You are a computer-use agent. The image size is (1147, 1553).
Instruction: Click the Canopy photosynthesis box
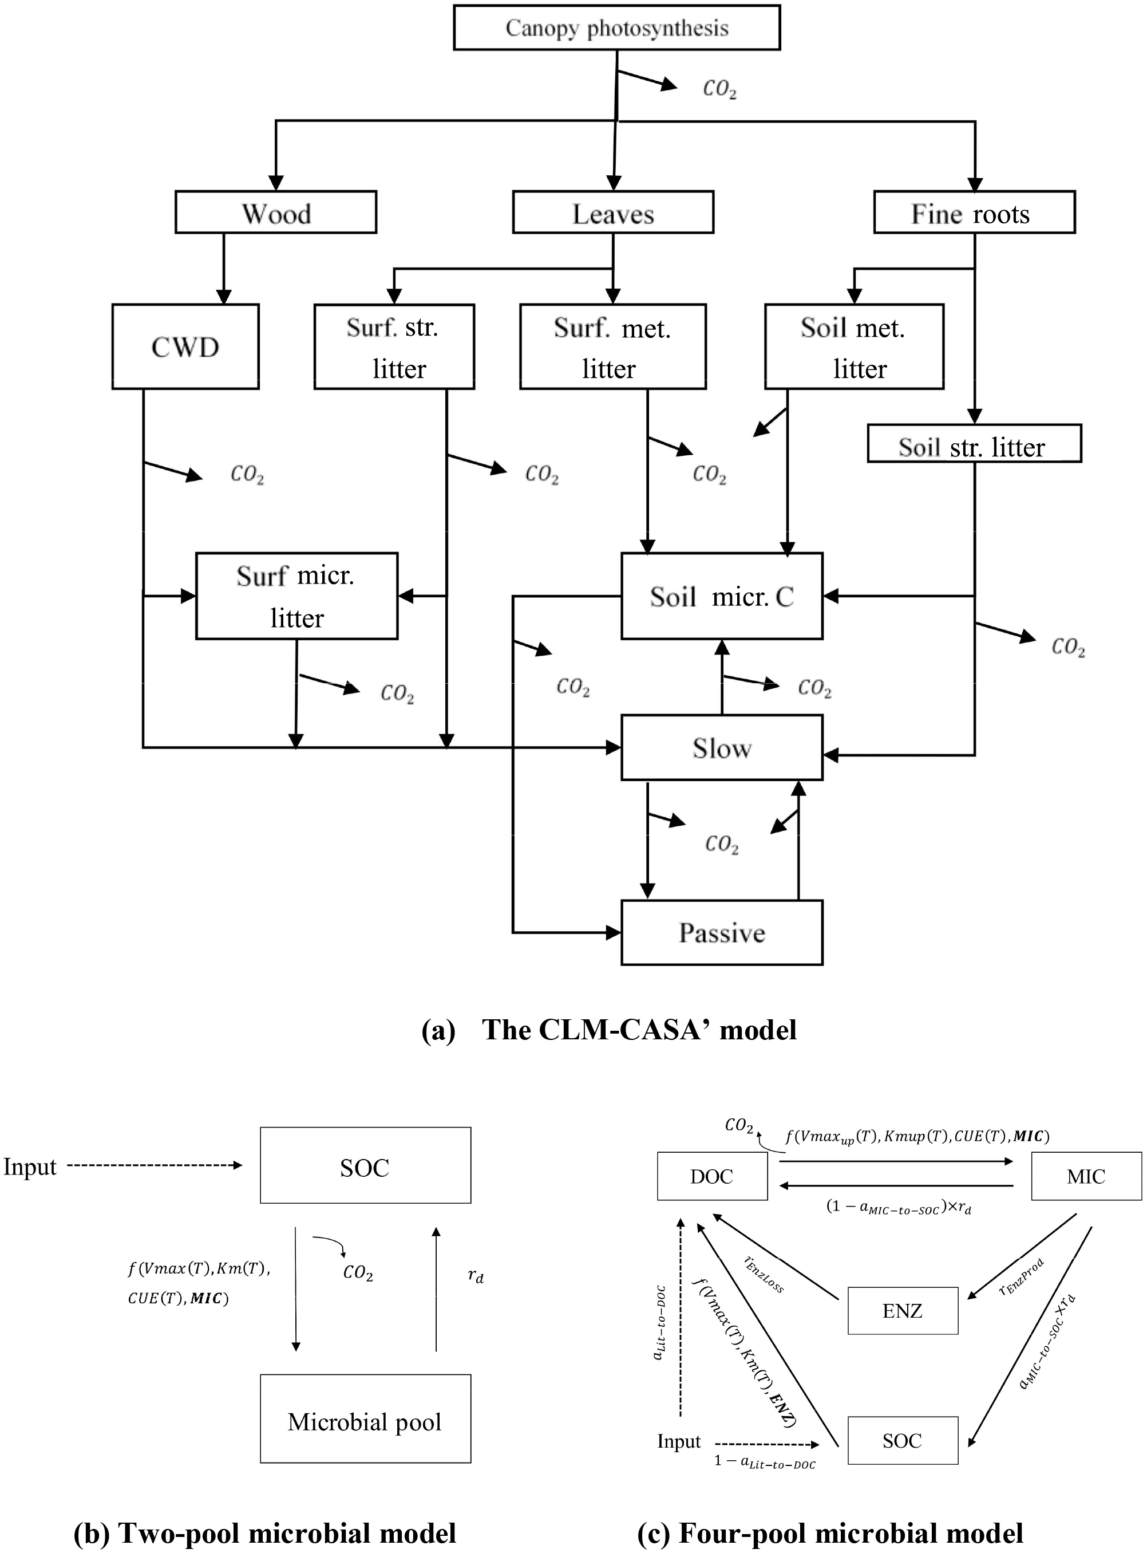616,28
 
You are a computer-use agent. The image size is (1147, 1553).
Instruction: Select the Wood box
276,212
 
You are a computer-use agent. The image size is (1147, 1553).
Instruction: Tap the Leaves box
613,212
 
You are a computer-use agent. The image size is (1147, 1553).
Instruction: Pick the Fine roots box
974,212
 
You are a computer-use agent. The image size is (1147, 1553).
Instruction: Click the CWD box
185,346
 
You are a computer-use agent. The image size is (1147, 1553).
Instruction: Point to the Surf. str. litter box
394,346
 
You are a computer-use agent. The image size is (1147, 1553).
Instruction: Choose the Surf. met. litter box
612,346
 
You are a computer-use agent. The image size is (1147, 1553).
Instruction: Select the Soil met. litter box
854,346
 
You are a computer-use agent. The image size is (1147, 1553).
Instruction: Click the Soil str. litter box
974,444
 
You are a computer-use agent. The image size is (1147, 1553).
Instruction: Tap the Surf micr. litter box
296,596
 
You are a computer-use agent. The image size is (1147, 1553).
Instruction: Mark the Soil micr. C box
721,596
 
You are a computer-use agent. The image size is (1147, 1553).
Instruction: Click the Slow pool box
721,748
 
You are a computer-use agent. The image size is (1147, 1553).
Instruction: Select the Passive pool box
721,933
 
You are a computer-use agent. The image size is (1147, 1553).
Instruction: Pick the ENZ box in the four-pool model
903,1311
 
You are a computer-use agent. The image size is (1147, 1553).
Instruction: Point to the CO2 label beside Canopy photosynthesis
719,89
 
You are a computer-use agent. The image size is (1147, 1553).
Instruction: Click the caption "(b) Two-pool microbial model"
264,1533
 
